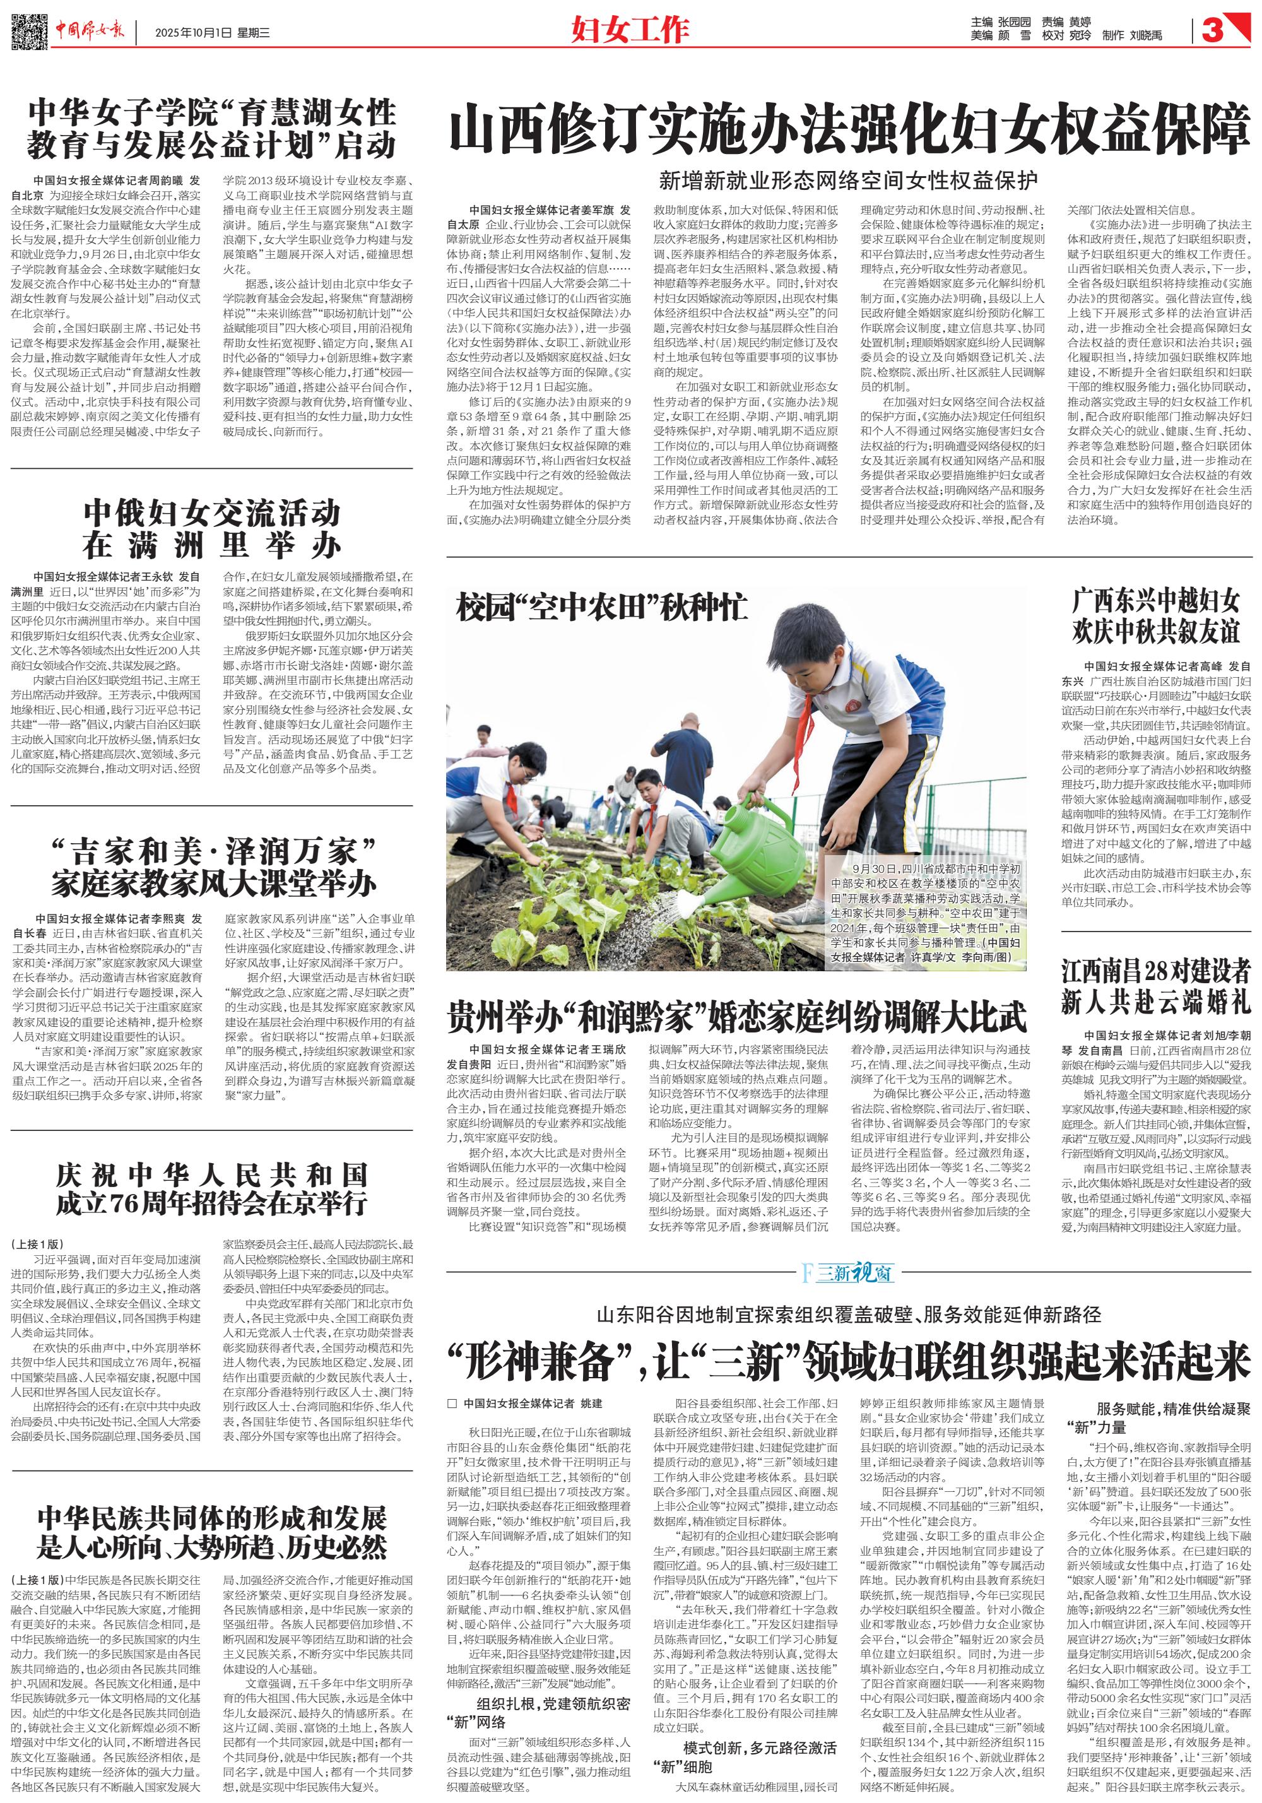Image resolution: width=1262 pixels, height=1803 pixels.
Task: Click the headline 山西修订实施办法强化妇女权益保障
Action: point(849,128)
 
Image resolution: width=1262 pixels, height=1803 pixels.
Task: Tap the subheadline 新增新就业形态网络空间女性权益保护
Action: point(848,180)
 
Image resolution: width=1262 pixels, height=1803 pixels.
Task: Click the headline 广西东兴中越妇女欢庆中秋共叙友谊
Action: point(1155,617)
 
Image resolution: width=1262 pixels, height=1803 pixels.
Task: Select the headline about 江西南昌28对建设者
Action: point(1155,986)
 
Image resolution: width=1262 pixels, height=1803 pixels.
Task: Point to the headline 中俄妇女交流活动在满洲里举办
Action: point(211,528)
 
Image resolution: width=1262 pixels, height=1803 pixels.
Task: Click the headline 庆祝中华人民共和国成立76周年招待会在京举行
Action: point(211,1189)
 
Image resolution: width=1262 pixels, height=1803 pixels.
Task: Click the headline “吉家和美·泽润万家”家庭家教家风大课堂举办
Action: point(213,868)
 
